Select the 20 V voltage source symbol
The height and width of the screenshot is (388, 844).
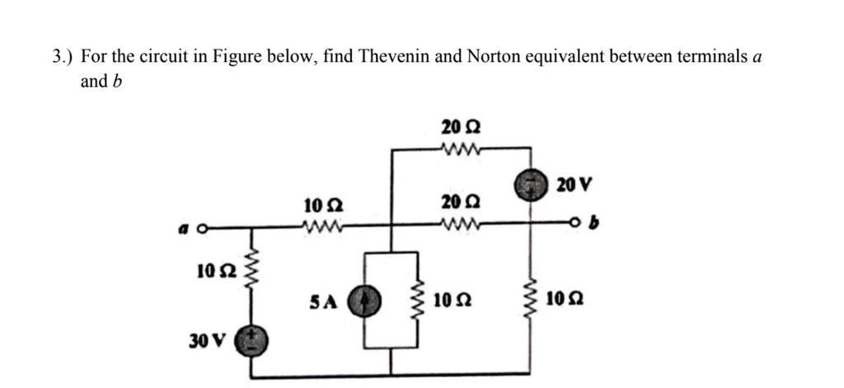coord(529,185)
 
